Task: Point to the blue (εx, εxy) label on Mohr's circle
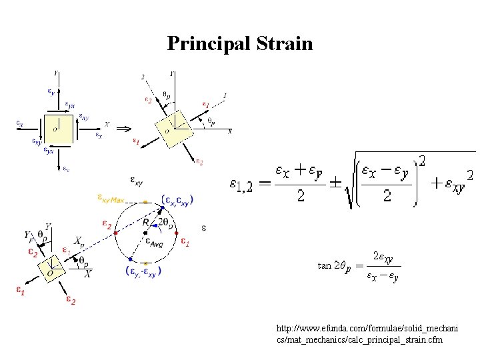177,199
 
